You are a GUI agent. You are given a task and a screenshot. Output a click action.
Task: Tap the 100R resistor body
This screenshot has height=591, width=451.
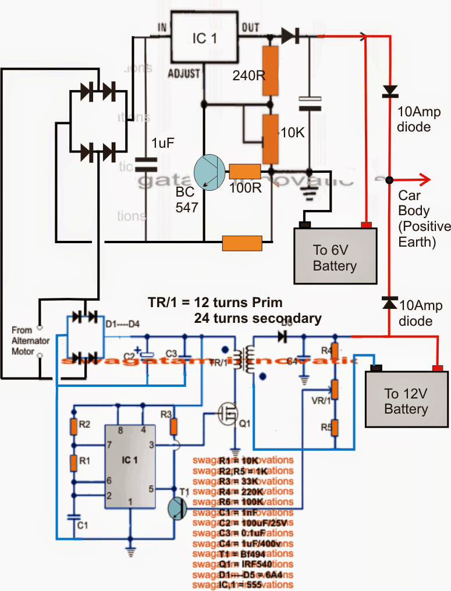click(x=244, y=172)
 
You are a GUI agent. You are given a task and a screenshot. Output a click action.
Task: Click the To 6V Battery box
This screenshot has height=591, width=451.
click(x=335, y=255)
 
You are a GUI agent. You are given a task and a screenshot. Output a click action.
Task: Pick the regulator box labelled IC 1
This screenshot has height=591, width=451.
click(x=204, y=38)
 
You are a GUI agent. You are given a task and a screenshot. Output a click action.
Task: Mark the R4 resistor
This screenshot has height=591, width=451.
click(x=335, y=351)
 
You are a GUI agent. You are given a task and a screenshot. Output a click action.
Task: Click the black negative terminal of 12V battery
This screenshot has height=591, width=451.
click(x=376, y=368)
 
